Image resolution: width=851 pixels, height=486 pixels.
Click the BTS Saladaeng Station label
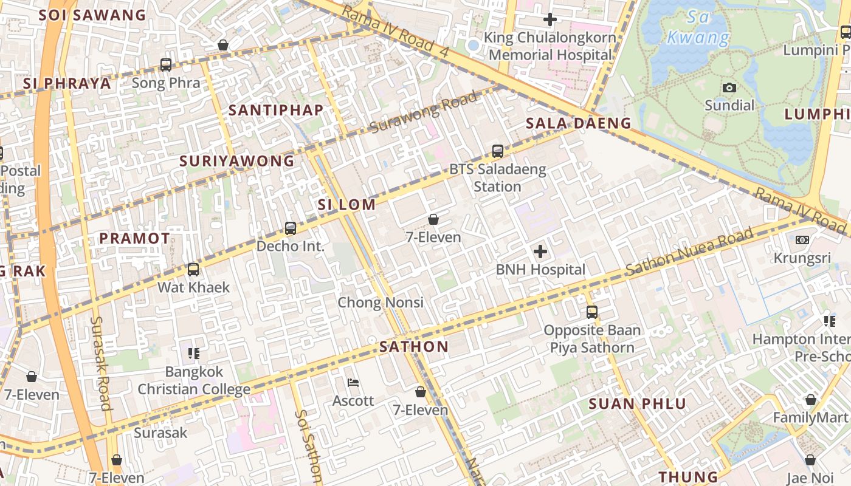pyautogui.click(x=497, y=178)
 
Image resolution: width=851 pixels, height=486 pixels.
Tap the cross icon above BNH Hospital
pyautogui.click(x=540, y=251)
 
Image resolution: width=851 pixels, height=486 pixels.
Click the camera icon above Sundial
pyautogui.click(x=729, y=88)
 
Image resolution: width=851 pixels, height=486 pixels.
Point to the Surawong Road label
pyautogui.click(x=423, y=113)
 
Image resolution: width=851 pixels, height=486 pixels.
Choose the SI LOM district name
pyautogui.click(x=346, y=205)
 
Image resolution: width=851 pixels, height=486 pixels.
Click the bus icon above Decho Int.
pyautogui.click(x=291, y=228)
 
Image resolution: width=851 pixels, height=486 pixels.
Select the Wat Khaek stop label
pyautogui.click(x=193, y=287)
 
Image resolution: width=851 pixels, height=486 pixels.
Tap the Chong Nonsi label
pyautogui.click(x=380, y=303)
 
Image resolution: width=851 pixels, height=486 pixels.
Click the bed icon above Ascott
pyautogui.click(x=353, y=383)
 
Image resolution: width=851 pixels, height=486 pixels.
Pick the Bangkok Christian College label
pyautogui.click(x=193, y=380)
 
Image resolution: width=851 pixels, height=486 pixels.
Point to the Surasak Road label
pyautogui.click(x=101, y=363)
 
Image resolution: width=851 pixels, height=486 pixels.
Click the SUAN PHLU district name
pyautogui.click(x=637, y=404)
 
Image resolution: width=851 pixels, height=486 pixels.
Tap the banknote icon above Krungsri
pyautogui.click(x=802, y=240)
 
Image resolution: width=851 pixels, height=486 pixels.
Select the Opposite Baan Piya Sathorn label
pyautogui.click(x=591, y=339)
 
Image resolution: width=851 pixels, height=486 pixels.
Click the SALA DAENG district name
pyautogui.click(x=578, y=123)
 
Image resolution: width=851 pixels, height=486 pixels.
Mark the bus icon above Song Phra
pyautogui.click(x=165, y=65)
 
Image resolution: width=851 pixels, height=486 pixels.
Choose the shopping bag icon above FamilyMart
pyautogui.click(x=810, y=400)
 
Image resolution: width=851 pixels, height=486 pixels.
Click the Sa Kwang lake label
pyautogui.click(x=698, y=28)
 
